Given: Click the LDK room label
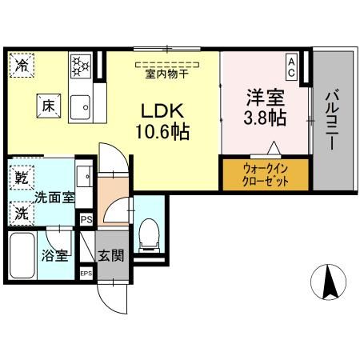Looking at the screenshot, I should [166, 110].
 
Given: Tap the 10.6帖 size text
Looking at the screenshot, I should [166, 131].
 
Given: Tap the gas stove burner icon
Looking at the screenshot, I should [80, 66].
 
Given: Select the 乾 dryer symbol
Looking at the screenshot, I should [20, 174].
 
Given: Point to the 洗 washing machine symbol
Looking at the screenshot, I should [20, 213].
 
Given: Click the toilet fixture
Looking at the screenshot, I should [147, 234].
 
